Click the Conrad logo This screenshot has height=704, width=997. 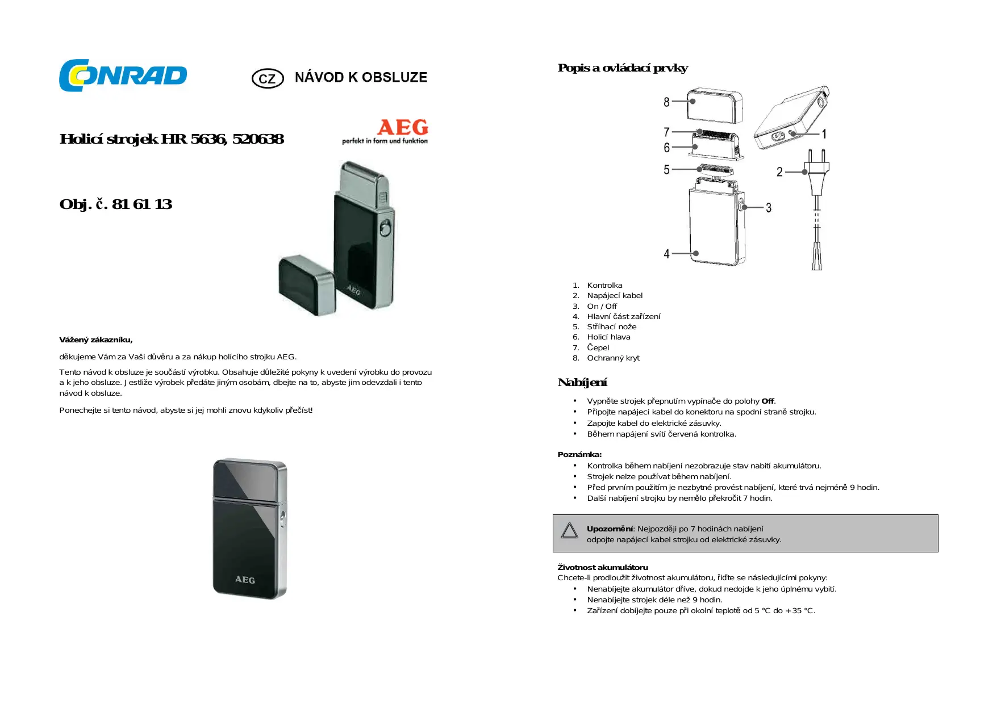coord(123,76)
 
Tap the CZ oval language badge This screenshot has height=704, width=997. coord(268,78)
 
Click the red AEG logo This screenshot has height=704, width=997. coord(403,127)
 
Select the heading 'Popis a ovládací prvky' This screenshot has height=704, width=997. coord(623,68)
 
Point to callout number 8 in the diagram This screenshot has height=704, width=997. coord(666,102)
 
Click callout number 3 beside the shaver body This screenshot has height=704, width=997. coord(769,208)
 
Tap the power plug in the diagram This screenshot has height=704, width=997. coord(816,170)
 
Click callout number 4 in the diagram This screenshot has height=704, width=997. coord(666,254)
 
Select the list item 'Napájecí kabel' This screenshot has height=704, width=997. coord(615,295)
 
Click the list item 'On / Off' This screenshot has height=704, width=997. coord(602,306)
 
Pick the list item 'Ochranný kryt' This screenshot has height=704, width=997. coord(613,358)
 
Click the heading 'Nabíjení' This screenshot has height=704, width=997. coord(582,383)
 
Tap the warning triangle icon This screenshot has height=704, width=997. coord(569,530)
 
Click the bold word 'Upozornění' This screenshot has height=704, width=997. coord(610,529)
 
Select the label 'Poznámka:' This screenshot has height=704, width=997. coord(579,454)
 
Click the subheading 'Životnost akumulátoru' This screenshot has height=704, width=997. coord(603,567)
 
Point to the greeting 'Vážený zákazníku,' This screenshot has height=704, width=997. coord(96,340)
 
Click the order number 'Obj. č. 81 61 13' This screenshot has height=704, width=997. coord(116,204)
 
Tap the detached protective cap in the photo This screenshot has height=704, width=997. coord(307,285)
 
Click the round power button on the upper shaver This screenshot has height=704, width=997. coord(385,229)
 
